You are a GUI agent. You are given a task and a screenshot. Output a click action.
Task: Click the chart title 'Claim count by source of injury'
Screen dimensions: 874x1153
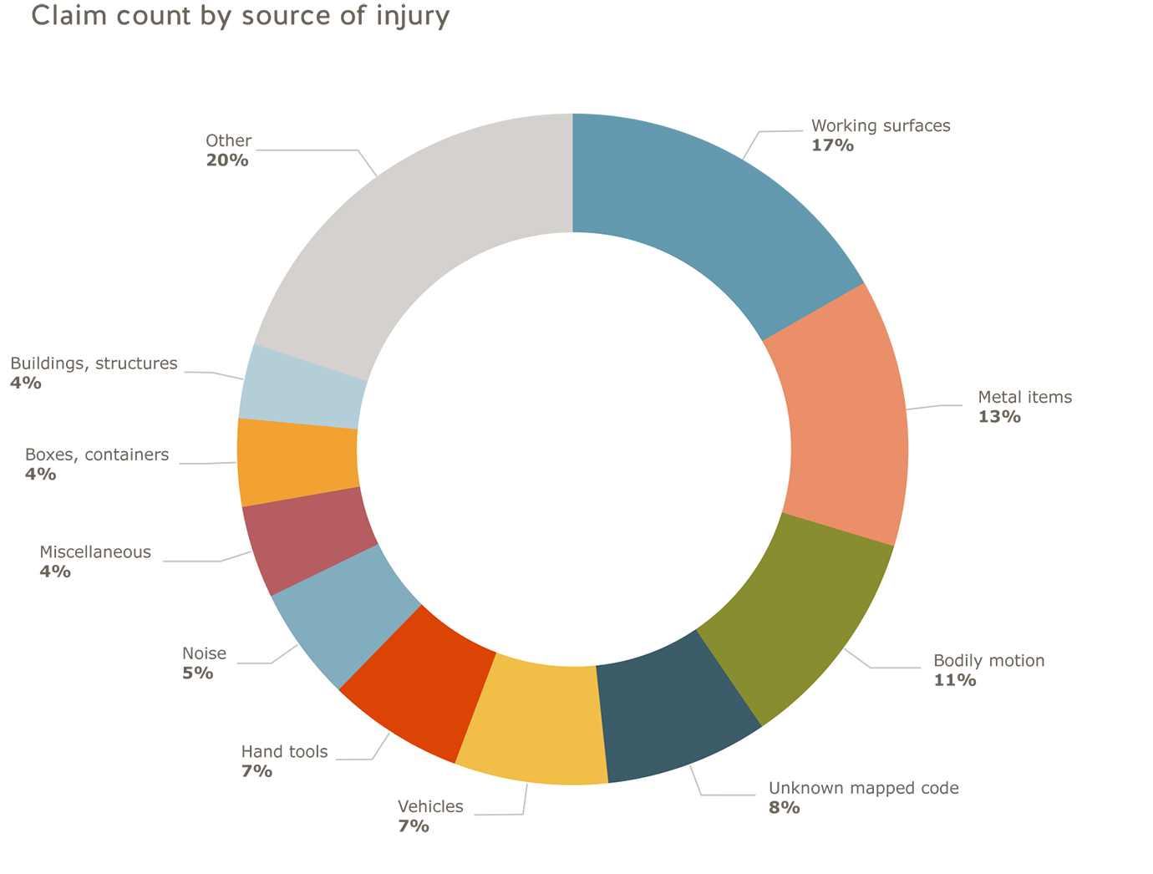[241, 17]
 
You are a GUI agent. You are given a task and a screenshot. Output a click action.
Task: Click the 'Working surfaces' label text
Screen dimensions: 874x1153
[881, 126]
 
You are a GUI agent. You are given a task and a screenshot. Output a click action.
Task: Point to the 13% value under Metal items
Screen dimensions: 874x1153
[999, 416]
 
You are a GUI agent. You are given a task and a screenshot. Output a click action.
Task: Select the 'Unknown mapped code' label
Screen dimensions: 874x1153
[863, 788]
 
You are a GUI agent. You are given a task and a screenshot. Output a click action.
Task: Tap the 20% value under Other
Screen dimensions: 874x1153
[227, 160]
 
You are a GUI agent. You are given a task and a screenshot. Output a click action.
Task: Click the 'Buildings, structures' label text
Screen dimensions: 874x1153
[94, 363]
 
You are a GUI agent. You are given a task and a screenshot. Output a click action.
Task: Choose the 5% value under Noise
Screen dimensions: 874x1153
[198, 673]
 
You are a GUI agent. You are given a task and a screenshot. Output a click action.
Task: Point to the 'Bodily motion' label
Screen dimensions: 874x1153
[988, 661]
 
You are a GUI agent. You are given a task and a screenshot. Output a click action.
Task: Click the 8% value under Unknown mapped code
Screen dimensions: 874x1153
[785, 808]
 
